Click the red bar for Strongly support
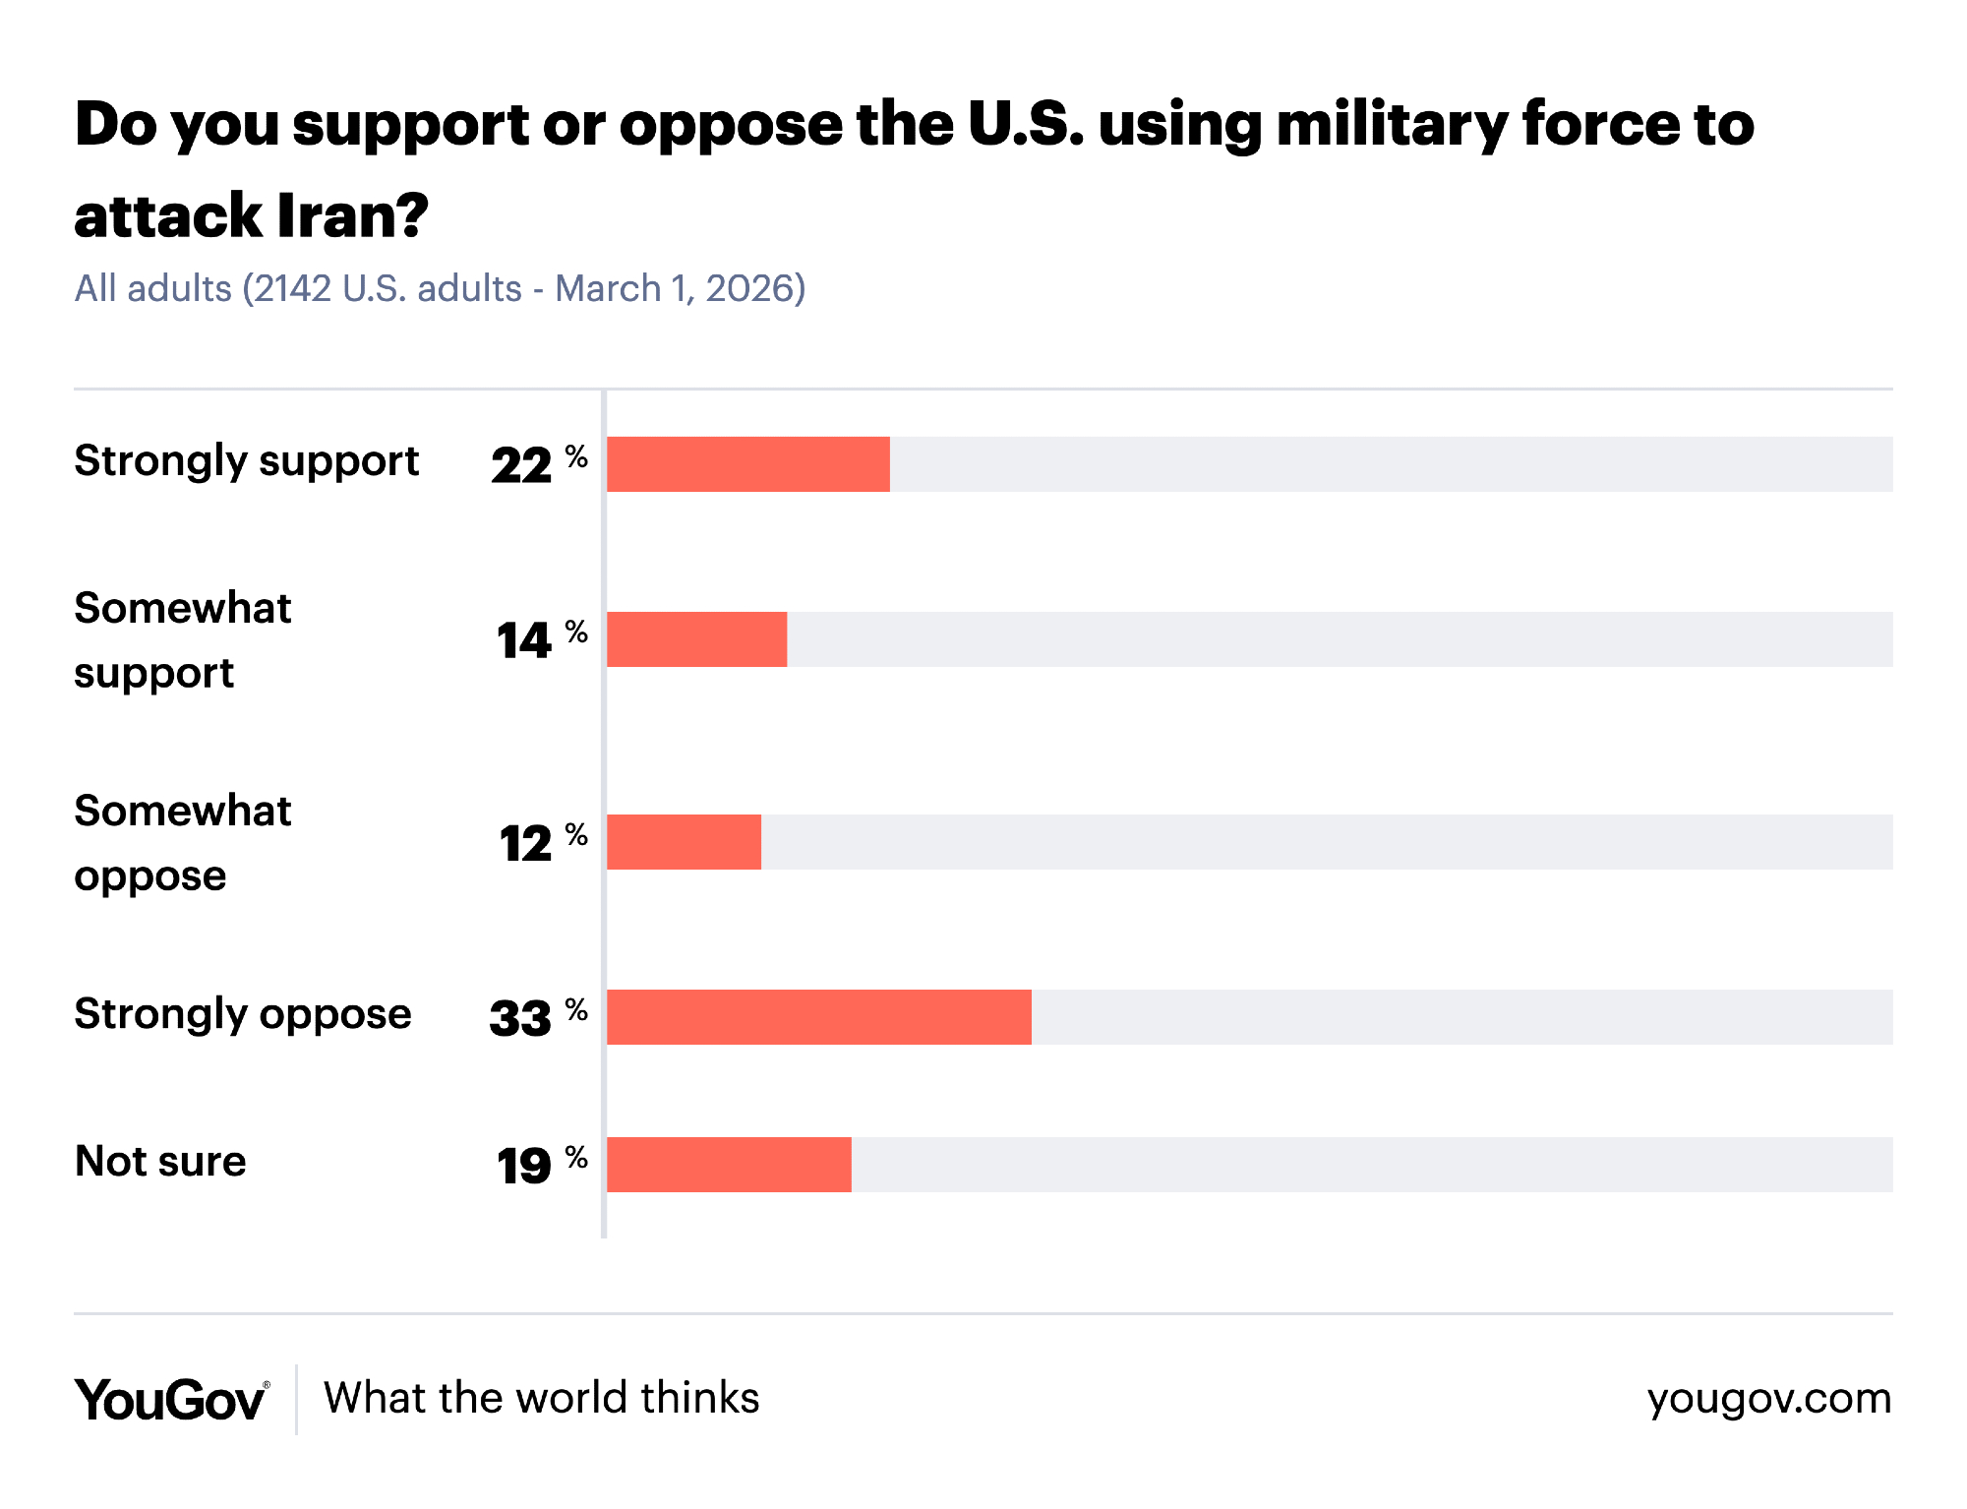(747, 464)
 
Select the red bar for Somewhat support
(696, 639)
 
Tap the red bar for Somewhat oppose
(684, 842)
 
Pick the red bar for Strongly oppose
(818, 1017)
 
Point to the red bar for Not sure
(729, 1165)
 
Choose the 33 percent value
(537, 1018)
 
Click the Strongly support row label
(247, 462)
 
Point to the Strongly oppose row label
(243, 1015)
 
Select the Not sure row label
(160, 1162)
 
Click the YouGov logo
(171, 1399)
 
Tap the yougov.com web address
(1768, 1399)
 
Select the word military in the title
(1390, 125)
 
